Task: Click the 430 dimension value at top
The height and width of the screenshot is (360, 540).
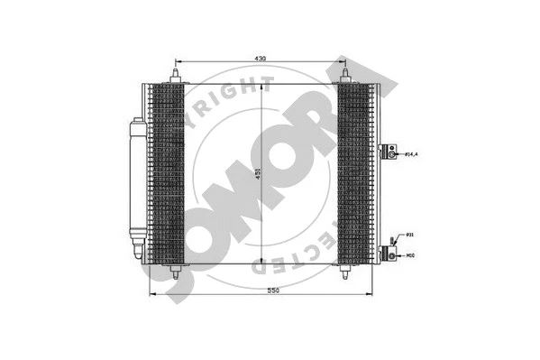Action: point(260,59)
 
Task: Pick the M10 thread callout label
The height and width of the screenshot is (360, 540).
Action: point(411,254)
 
